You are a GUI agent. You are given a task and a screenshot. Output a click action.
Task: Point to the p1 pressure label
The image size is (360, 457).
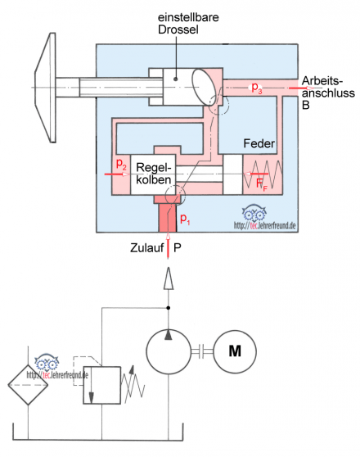click(185, 219)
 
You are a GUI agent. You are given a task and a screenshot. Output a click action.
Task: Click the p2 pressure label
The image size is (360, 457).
click(121, 164)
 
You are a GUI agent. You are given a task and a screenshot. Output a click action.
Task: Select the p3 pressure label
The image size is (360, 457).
click(257, 88)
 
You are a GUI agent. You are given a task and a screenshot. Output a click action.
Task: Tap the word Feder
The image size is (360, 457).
click(259, 143)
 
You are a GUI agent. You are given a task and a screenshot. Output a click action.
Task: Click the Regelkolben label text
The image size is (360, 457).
click(154, 174)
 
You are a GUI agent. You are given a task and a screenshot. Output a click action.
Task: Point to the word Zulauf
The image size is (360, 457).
click(146, 247)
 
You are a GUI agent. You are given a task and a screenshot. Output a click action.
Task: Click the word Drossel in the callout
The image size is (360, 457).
click(178, 29)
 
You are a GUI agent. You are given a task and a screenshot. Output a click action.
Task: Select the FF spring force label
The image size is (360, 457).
click(261, 184)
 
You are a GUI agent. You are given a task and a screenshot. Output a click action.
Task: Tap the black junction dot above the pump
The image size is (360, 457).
click(168, 308)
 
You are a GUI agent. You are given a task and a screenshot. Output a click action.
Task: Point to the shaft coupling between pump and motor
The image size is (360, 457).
click(202, 351)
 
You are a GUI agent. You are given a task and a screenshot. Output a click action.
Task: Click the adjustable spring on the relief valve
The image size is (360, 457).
click(133, 384)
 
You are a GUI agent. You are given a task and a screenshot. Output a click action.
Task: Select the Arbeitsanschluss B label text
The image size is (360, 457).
click(328, 93)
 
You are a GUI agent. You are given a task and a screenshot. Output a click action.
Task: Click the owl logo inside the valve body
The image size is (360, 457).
click(254, 213)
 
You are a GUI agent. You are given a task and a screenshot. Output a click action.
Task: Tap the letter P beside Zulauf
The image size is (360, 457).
click(178, 247)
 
